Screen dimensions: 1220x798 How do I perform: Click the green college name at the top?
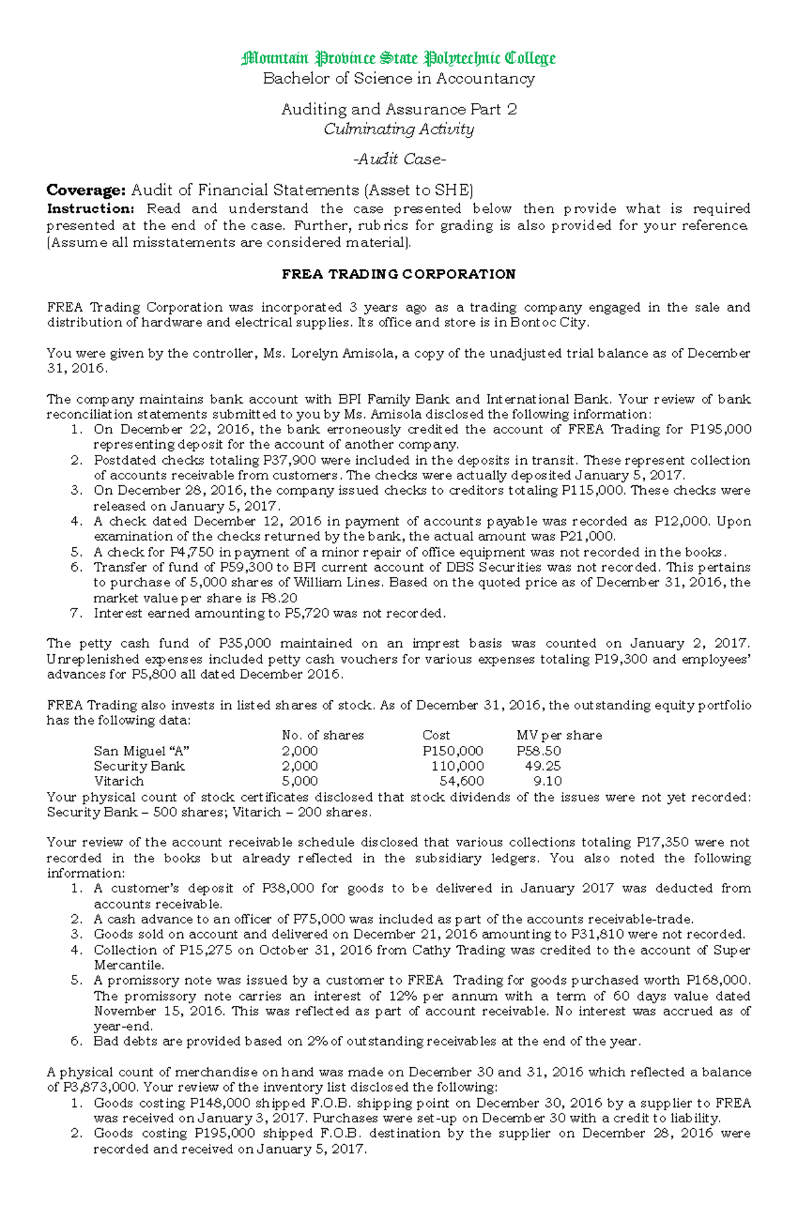pos(398,59)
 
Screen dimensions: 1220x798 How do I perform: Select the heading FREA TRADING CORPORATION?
pos(398,275)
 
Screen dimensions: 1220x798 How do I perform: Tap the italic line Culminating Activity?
pos(398,129)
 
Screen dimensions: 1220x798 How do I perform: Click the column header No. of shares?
pos(323,735)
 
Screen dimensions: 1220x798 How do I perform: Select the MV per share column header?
pos(559,735)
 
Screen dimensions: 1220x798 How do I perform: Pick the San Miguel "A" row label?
pos(142,751)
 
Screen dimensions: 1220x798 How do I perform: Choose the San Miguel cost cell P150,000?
pos(453,751)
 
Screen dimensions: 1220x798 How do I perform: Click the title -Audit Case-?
pos(398,160)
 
